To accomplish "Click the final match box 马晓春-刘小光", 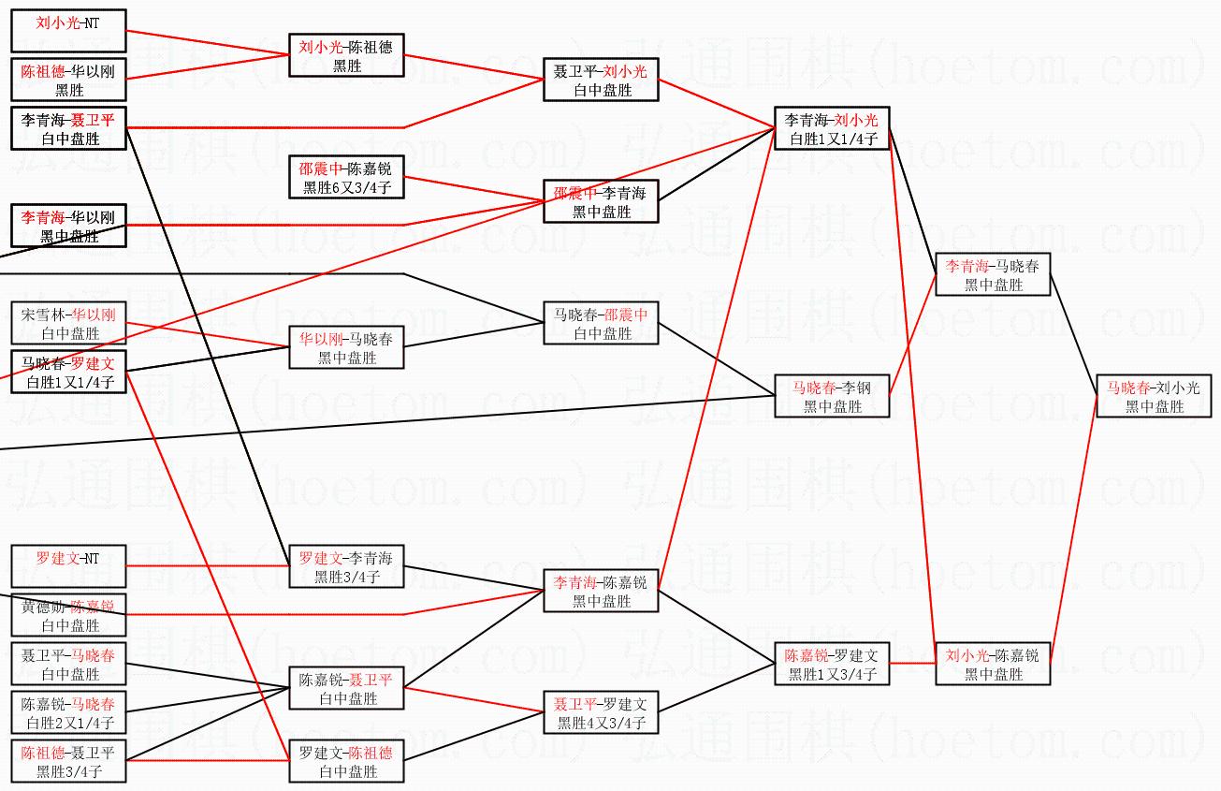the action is (1154, 397).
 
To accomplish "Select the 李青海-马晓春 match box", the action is (993, 275).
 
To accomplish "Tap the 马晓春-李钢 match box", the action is (832, 397).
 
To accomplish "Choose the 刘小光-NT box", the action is (68, 31).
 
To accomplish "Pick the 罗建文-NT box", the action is (68, 567).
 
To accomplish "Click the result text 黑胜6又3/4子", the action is (346, 187).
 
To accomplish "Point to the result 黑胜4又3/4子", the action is (601, 723).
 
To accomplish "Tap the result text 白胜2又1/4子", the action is (68, 723).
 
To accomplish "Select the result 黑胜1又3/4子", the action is (832, 674).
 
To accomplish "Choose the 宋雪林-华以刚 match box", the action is (68, 324).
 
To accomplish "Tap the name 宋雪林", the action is (41, 315).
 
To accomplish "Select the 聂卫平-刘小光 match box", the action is (601, 81).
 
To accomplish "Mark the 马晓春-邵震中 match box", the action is (601, 324).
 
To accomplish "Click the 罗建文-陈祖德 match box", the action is (346, 762).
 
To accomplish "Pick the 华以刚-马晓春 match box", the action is (346, 348).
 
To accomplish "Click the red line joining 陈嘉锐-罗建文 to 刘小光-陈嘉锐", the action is (912, 663).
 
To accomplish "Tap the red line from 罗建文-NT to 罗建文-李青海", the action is (206, 566).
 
